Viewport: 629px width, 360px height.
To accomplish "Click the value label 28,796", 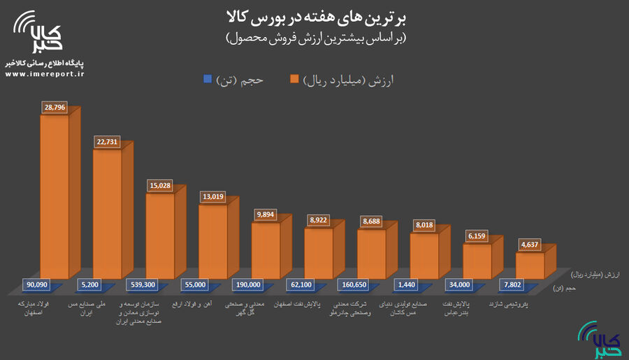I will tap(55, 108).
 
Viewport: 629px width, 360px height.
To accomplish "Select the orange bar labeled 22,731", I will tap(107, 210).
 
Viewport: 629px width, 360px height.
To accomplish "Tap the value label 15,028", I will tap(160, 186).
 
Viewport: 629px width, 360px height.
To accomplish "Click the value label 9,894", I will tap(266, 215).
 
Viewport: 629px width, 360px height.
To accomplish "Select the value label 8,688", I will tap(371, 221).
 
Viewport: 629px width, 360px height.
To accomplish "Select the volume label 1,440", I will tap(406, 285).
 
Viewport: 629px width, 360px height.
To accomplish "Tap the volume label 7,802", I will tap(512, 285).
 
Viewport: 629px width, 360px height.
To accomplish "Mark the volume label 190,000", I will tap(248, 285).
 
